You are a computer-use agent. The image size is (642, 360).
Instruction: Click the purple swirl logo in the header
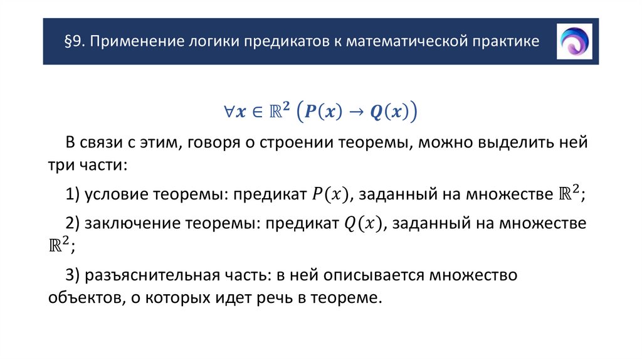pyautogui.click(x=574, y=41)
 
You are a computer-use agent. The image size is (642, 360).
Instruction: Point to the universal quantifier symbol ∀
pyautogui.click(x=229, y=112)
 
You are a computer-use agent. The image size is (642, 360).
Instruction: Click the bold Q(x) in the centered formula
pyautogui.click(x=390, y=112)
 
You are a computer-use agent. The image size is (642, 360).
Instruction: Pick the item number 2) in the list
pyautogui.click(x=71, y=224)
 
